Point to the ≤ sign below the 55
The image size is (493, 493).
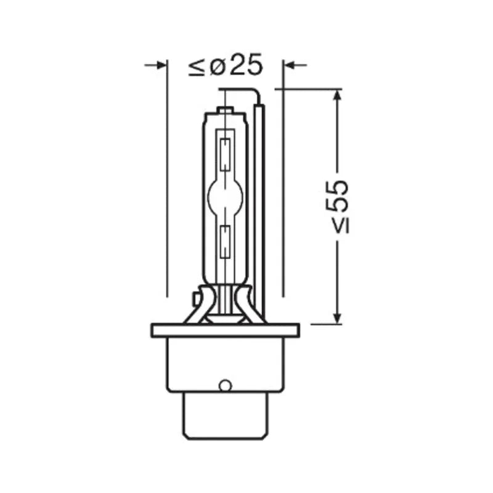[x=341, y=226]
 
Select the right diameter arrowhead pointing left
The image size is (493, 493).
[x=288, y=65]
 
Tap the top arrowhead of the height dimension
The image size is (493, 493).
[x=337, y=95]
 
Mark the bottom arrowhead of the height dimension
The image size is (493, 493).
[x=337, y=319]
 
